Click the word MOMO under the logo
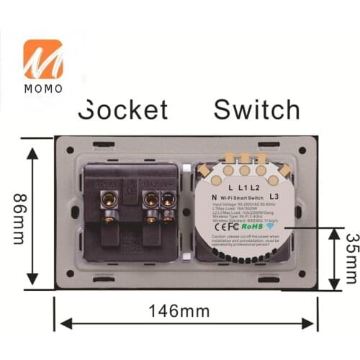point(43,88)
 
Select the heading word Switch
point(257,109)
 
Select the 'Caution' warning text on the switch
point(245,241)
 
